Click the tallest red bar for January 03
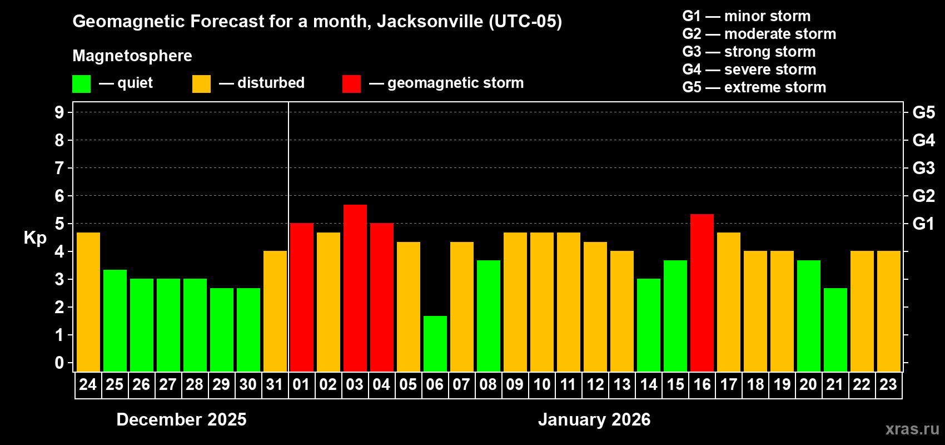click(x=355, y=288)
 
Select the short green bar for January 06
click(x=435, y=343)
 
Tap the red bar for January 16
click(x=702, y=292)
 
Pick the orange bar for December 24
click(x=88, y=301)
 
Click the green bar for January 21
click(x=835, y=329)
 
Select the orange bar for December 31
click(x=275, y=311)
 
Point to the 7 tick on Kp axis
click(x=59, y=168)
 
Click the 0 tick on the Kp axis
click(x=59, y=363)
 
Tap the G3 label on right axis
click(x=923, y=168)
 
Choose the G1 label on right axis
click(x=923, y=224)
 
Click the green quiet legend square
click(x=81, y=84)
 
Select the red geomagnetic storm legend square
click(x=351, y=84)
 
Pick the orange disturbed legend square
click(x=201, y=84)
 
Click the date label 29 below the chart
click(x=221, y=384)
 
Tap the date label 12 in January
click(x=595, y=384)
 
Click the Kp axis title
click(x=35, y=238)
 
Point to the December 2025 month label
click(x=181, y=419)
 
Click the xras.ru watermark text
click(x=912, y=429)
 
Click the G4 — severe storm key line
click(x=749, y=70)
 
